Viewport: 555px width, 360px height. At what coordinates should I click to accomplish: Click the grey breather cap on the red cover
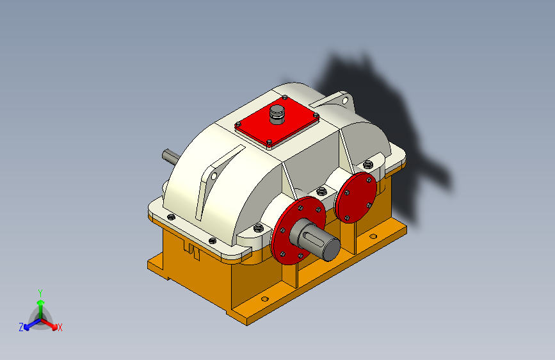277,115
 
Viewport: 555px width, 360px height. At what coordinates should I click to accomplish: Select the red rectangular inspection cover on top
277,122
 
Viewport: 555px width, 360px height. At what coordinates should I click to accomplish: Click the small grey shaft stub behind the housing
171,156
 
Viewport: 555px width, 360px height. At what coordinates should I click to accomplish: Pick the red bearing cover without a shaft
355,197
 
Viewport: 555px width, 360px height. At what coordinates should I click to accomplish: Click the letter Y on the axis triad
40,293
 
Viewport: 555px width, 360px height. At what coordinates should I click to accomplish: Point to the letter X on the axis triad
60,327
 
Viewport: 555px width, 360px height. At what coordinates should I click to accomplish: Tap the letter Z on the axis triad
21,327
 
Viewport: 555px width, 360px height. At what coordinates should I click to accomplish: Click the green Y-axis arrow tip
41,302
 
